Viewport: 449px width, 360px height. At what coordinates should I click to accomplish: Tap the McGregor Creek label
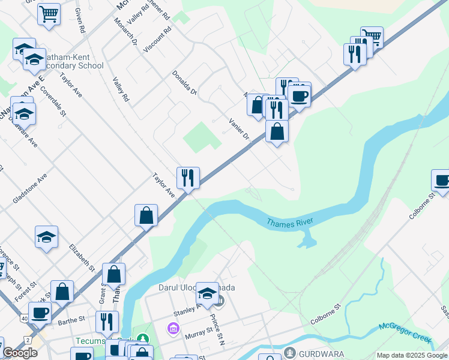[x=405, y=332]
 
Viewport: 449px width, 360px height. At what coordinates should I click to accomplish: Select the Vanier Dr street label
[x=238, y=128]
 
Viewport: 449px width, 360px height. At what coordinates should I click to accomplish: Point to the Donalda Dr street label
[x=184, y=83]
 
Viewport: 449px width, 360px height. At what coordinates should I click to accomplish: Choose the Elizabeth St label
[x=82, y=257]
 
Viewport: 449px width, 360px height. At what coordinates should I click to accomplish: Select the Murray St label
[x=200, y=331]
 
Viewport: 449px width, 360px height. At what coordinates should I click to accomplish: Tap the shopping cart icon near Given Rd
[x=49, y=13]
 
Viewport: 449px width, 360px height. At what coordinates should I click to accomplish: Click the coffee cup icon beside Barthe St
[x=40, y=312]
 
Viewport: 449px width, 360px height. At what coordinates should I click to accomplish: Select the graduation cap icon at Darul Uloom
[x=208, y=293]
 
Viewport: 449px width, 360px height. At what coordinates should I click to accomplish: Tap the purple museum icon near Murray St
[x=174, y=329]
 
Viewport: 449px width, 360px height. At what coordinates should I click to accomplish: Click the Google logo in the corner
[x=20, y=353]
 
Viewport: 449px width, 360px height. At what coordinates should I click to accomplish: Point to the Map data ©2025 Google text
[x=412, y=355]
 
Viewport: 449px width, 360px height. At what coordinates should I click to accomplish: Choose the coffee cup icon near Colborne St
[x=442, y=180]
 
